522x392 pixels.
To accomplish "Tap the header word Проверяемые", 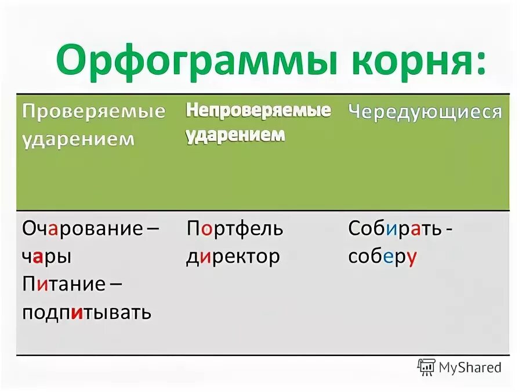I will [94, 111].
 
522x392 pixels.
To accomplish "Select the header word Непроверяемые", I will [258, 110].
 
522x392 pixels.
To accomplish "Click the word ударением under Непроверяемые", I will [235, 135].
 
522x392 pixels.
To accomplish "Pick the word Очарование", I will [82, 228].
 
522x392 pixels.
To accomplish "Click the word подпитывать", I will [87, 313].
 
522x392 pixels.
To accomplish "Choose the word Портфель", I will [235, 228].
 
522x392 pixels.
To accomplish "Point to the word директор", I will [233, 256].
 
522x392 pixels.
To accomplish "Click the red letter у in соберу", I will [412, 258].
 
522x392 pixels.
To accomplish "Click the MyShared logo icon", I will [426, 366].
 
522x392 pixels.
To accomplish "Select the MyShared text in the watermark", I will [470, 367].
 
